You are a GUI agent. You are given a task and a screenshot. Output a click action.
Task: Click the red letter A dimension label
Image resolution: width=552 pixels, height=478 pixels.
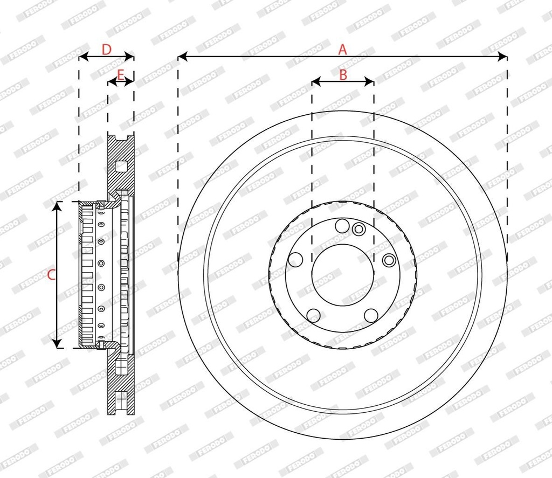342,50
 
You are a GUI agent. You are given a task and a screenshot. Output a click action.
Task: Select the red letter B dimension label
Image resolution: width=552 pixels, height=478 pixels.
343,74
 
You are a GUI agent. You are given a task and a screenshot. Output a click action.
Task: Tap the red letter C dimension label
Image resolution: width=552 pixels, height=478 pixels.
51,274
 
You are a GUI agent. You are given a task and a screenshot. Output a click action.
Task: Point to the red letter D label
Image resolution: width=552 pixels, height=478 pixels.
106,50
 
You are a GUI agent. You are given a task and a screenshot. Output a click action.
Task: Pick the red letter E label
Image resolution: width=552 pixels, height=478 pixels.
120,75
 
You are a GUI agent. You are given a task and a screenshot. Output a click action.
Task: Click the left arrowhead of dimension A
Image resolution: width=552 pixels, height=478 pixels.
182,56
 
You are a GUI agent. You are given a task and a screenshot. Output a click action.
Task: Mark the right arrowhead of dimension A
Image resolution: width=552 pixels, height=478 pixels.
503,56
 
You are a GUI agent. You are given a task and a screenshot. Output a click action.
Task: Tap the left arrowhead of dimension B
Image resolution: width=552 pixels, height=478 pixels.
316,82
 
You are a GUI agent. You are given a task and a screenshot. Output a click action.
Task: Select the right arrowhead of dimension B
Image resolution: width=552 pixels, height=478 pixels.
369,82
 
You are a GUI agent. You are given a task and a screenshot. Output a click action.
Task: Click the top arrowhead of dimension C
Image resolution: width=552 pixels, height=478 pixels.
57,206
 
